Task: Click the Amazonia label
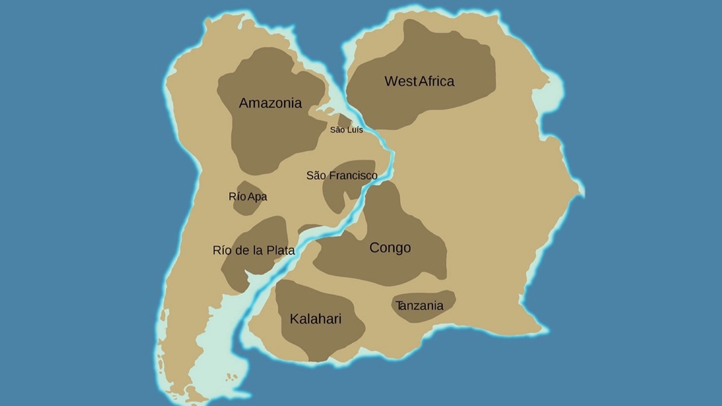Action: [270, 103]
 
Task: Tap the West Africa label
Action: [419, 81]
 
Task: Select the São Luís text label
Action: [346, 130]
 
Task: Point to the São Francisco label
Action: [342, 176]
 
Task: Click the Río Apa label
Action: [248, 197]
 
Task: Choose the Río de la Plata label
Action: [254, 250]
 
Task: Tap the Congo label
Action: [390, 248]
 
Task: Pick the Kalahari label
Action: [315, 319]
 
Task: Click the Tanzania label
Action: [419, 306]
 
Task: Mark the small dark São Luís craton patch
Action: [344, 120]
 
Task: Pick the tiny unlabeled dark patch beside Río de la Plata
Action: [308, 229]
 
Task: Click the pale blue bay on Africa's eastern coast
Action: [552, 96]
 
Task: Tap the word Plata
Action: [280, 250]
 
